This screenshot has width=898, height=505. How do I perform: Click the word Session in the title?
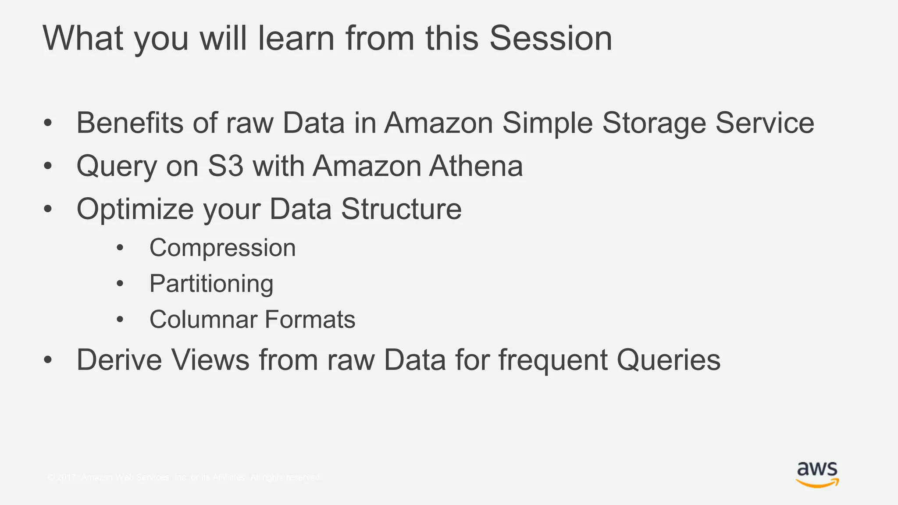click(550, 39)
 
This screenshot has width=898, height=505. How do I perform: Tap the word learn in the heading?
click(296, 39)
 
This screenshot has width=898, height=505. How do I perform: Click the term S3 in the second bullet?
click(225, 166)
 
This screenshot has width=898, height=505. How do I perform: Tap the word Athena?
click(476, 166)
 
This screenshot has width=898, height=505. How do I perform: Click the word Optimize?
click(135, 209)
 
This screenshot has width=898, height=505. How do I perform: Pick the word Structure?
click(401, 209)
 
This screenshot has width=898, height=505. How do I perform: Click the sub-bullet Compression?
click(222, 249)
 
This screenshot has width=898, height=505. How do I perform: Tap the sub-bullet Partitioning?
click(211, 284)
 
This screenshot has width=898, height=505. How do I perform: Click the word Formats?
click(310, 319)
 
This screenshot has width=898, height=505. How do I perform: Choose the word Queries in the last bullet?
click(668, 361)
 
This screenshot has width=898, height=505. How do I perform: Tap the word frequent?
click(553, 361)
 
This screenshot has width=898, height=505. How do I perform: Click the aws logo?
click(817, 475)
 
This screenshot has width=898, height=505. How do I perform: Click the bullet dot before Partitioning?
click(120, 284)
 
